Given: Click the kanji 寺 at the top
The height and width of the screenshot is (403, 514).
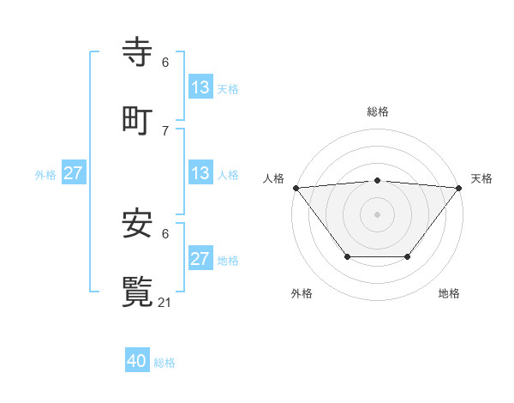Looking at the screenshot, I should point(138,52).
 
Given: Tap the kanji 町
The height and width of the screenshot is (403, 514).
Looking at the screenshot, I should point(138,119).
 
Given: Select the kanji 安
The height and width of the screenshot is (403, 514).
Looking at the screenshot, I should point(138,224).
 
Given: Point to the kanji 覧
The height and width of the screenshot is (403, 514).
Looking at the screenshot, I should point(138,291).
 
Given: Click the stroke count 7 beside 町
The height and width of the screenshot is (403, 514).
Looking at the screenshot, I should point(165,130).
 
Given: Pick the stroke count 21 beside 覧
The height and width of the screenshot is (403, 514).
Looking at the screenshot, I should point(165,302).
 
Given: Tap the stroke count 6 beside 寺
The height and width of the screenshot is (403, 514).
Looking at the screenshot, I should point(165,62).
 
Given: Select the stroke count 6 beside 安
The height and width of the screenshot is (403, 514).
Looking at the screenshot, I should point(165,233).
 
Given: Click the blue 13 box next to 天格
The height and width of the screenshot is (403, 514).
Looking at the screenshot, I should point(200,87).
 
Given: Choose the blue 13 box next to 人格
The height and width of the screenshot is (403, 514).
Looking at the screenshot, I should point(200,173).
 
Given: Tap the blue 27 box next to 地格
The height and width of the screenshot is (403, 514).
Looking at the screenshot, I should point(200,259).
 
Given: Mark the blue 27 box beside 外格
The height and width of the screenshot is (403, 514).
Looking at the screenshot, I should point(73,173).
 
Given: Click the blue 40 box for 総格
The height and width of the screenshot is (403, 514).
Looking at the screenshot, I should point(137,361).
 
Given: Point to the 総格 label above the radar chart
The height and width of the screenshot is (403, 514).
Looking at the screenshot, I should point(378,111).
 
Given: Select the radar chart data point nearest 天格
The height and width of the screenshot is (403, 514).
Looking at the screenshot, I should point(459,188).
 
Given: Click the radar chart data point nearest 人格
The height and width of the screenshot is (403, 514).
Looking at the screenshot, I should point(296,188).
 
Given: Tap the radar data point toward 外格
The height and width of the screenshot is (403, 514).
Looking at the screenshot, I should point(347,256).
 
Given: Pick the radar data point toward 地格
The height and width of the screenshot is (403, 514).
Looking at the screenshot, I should point(408,256).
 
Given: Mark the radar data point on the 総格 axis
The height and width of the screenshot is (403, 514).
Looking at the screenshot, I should point(378,180).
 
